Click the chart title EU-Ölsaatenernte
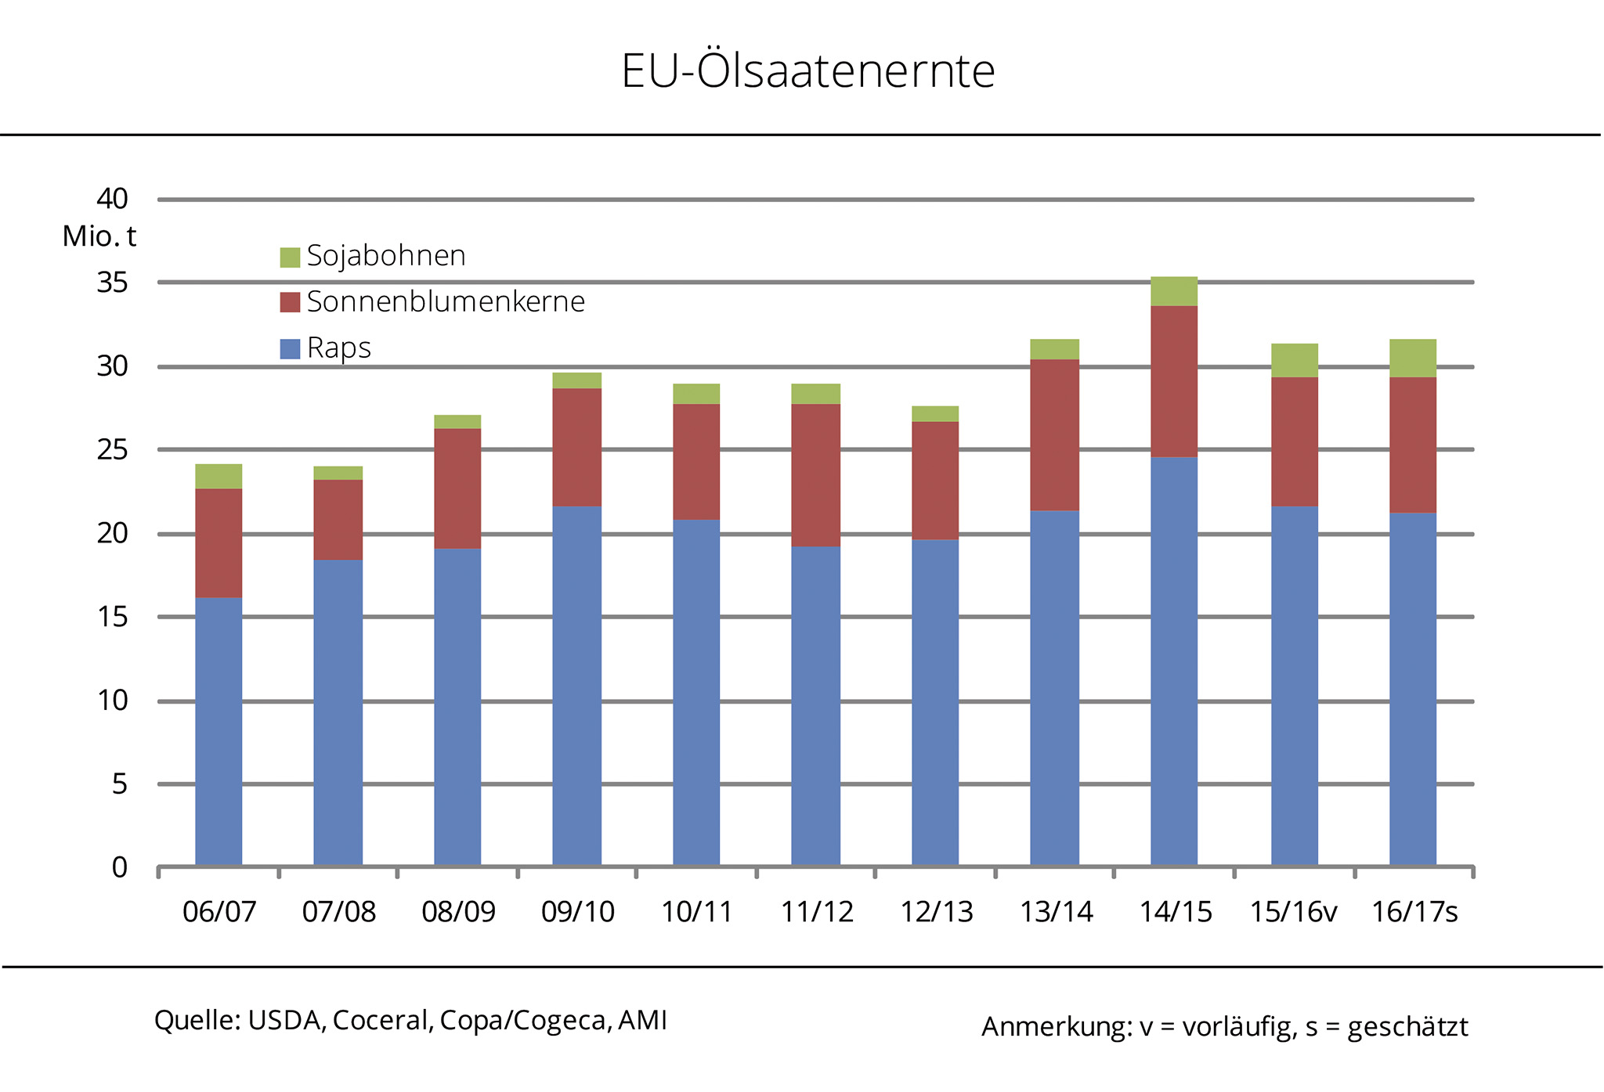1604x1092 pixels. tap(807, 71)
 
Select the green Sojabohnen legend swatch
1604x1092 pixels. tap(290, 257)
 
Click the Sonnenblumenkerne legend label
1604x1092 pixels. tap(446, 301)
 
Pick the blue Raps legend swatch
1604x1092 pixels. tap(290, 348)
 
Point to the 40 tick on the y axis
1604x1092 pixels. tap(112, 199)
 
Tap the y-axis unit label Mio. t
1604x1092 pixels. tap(99, 236)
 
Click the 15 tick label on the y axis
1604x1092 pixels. tap(112, 617)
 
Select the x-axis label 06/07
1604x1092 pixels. tap(219, 912)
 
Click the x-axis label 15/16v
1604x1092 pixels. tap(1293, 912)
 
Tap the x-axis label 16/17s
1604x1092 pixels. tap(1414, 912)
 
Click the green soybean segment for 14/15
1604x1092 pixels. tap(1174, 291)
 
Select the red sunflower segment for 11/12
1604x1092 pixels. tap(815, 475)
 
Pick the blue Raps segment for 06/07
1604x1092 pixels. tap(219, 732)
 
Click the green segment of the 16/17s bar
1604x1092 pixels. tap(1413, 359)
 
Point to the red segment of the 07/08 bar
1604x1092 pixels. tap(338, 520)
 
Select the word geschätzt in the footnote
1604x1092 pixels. tap(1407, 1026)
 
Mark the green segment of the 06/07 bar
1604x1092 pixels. tap(219, 476)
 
